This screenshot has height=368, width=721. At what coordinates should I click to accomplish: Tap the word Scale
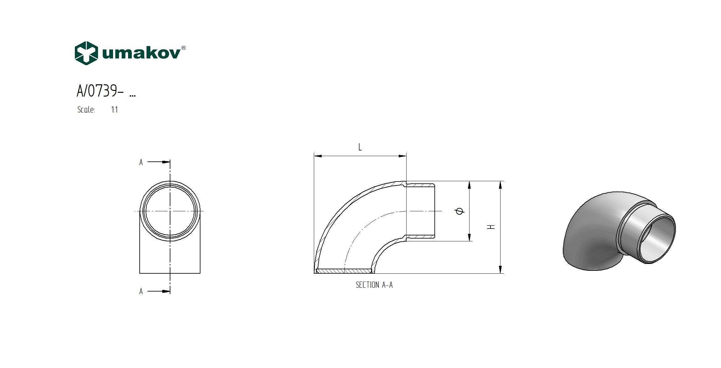pyautogui.click(x=86, y=109)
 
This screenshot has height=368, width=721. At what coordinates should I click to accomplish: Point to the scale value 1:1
pyautogui.click(x=114, y=110)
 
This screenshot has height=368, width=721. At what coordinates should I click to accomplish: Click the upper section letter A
pyautogui.click(x=141, y=162)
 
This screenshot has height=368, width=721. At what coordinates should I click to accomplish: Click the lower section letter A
pyautogui.click(x=141, y=292)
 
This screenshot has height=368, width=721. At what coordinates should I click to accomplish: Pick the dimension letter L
pyautogui.click(x=360, y=147)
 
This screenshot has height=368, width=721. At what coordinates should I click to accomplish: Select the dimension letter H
pyautogui.click(x=492, y=227)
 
